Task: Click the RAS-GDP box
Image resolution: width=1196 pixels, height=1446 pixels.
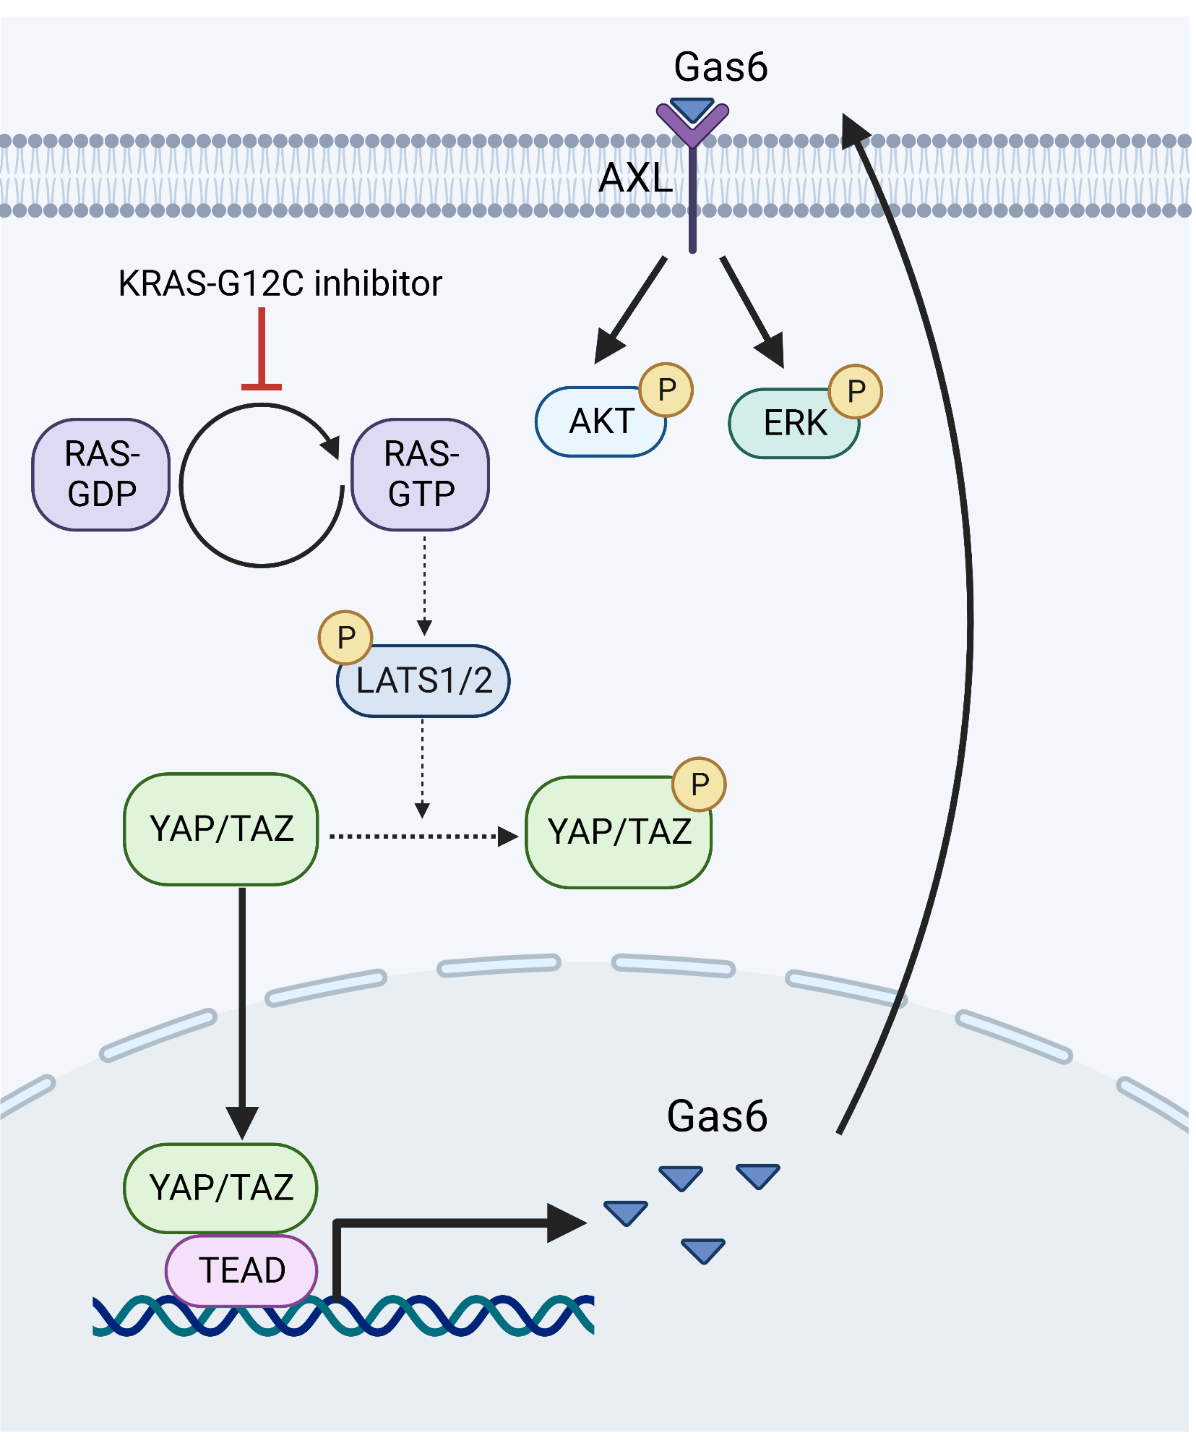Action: [x=101, y=475]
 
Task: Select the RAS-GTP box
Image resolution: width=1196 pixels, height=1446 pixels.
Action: [x=421, y=475]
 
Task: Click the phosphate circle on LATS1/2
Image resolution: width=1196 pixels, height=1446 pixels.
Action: [x=345, y=638]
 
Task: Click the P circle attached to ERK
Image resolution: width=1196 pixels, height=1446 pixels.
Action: [x=856, y=391]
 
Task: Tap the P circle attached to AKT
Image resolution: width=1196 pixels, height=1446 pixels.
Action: [x=666, y=390]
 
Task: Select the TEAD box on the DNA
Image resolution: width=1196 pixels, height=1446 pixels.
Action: [x=242, y=1270]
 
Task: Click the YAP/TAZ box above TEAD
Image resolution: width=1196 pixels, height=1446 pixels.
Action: [x=221, y=1188]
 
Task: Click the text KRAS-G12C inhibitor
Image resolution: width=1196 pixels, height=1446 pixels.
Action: [x=280, y=283]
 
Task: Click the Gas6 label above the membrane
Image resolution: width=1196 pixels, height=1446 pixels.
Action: [x=720, y=67]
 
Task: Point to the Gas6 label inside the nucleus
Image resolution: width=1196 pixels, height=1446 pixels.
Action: [x=717, y=1116]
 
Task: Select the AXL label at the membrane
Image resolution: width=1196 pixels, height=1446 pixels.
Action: [x=636, y=178]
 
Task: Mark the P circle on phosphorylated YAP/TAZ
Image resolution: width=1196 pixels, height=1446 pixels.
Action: [x=699, y=784]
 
